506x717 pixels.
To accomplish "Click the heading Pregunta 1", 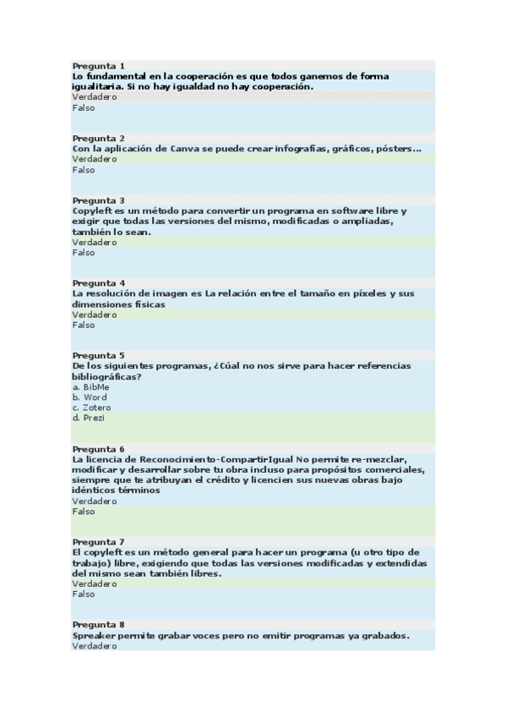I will (98, 65).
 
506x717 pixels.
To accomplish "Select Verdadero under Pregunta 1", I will (94, 97).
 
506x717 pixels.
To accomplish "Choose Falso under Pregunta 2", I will (84, 170).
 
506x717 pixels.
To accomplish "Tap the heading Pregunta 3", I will (98, 200).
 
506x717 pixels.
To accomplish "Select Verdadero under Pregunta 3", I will (94, 242).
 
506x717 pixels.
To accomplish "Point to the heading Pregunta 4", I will (98, 282).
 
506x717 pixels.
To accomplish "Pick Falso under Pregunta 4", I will (84, 325).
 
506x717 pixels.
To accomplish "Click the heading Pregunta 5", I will (98, 355).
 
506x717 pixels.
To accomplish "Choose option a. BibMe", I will (90, 386).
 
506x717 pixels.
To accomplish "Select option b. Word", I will (90, 397).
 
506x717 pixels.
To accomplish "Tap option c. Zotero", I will (91, 408).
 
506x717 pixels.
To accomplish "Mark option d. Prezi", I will (89, 418).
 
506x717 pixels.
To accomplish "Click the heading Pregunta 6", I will (98, 448).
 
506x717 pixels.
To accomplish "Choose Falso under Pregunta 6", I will (84, 512).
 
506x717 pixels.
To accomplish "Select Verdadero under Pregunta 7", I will (94, 583).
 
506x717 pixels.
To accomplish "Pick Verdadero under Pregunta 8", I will (94, 646).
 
